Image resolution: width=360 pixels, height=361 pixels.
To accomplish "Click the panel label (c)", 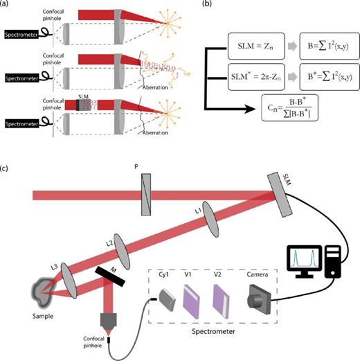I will click(6, 168).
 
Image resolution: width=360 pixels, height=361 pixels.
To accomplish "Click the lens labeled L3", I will click(66, 273).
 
